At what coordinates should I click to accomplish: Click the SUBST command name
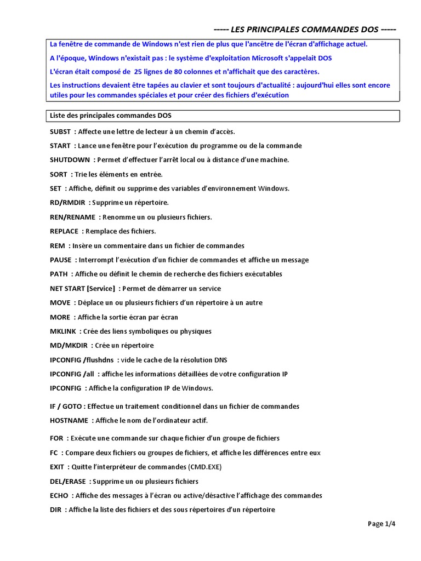coord(60,131)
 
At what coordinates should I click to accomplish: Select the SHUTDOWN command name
coord(70,160)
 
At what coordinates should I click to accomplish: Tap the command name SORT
coord(59,174)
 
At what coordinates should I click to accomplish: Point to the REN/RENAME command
coord(72,217)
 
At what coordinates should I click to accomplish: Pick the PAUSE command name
coord(60,260)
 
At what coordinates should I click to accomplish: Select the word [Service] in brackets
coord(101,288)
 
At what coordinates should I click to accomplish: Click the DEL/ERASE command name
coord(69,481)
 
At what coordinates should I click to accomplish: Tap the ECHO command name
coord(59,495)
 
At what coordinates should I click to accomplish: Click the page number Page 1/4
coord(382,524)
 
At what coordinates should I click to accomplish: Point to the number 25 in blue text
coord(138,71)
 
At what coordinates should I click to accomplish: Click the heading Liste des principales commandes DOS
coord(111,116)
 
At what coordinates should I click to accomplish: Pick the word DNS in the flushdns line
coord(220,359)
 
